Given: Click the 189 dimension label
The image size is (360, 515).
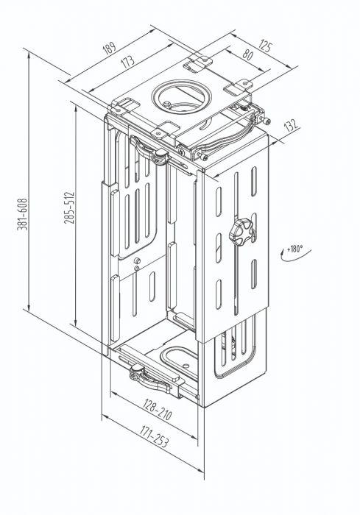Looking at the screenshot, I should pos(110,50).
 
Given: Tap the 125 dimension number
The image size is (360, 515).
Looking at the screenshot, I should pos(267,46).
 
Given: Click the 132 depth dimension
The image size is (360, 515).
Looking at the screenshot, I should pos(292,127).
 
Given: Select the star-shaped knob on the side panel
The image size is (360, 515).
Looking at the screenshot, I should pos(239,234).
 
